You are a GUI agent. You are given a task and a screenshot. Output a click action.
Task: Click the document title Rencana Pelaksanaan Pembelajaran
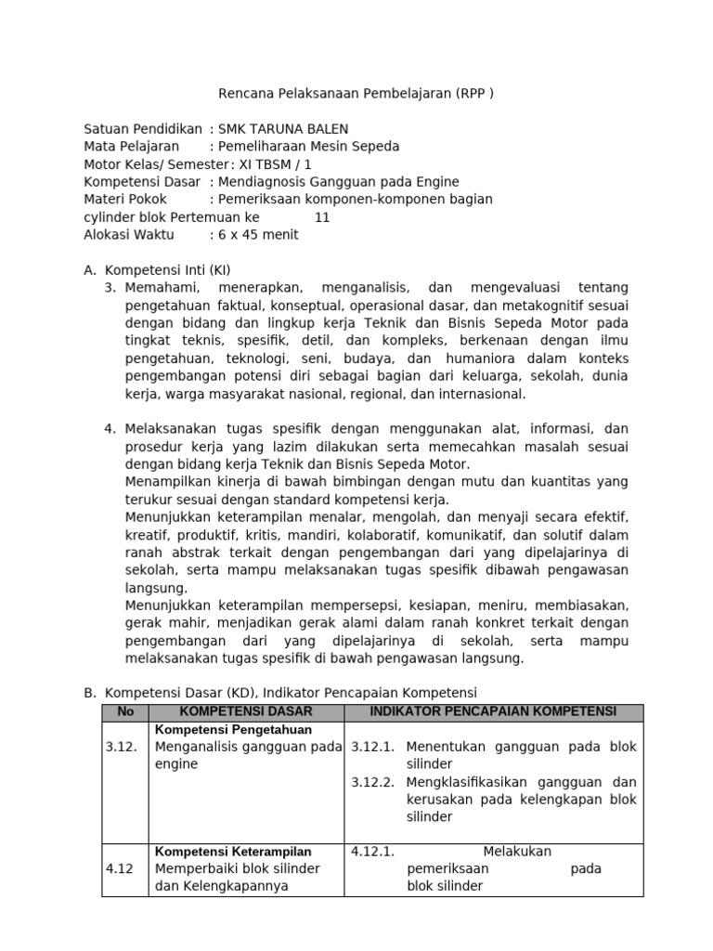[x=356, y=94]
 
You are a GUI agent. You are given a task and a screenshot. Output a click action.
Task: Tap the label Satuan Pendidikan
[x=143, y=129]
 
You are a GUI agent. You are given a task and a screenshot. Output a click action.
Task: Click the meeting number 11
[x=322, y=217]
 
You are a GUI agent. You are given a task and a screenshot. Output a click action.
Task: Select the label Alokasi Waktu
[x=129, y=235]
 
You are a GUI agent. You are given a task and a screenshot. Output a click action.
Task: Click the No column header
[x=124, y=711]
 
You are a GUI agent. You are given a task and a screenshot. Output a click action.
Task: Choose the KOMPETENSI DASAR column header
[x=246, y=711]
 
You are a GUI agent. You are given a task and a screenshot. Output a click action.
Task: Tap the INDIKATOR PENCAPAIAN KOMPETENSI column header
[x=493, y=711]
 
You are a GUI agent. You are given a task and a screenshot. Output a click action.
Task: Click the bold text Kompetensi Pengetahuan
[x=220, y=729]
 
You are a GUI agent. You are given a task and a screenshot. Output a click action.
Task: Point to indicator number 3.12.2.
[x=373, y=782]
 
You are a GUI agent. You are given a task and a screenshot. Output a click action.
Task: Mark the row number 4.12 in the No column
[x=121, y=869]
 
